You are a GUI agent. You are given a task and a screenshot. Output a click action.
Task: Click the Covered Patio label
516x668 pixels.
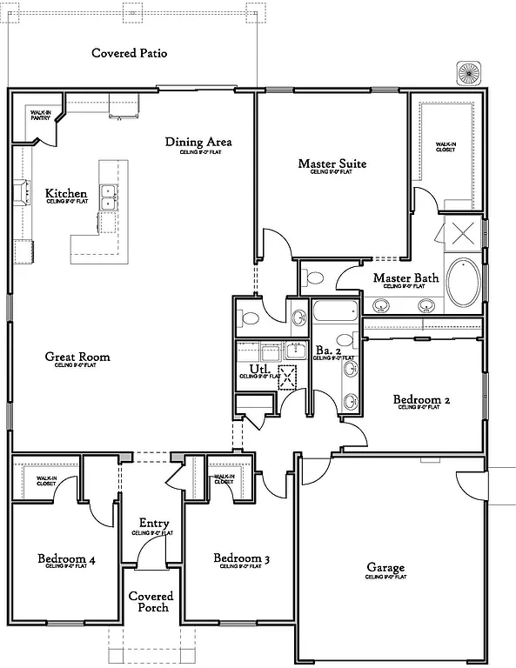[130, 53]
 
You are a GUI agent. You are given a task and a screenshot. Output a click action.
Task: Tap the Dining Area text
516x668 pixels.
[199, 142]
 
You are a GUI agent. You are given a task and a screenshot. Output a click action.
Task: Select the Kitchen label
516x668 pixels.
[66, 193]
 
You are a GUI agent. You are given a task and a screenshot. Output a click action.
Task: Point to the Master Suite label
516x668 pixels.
[332, 164]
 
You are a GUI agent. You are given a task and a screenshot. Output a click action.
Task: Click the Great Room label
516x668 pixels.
[77, 356]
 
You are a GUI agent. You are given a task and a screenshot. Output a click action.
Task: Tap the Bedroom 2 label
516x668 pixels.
[421, 400]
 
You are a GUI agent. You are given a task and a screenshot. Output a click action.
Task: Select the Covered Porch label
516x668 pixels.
[151, 602]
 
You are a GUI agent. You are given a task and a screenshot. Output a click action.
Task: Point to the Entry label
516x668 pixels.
[154, 524]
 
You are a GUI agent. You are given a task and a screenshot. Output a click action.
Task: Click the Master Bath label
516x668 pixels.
[405, 278]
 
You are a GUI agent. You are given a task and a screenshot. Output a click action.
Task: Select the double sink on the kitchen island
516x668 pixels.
[109, 198]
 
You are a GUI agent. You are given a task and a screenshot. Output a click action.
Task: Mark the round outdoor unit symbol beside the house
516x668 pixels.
[468, 73]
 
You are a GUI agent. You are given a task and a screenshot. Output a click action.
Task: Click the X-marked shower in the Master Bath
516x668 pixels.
[460, 233]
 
